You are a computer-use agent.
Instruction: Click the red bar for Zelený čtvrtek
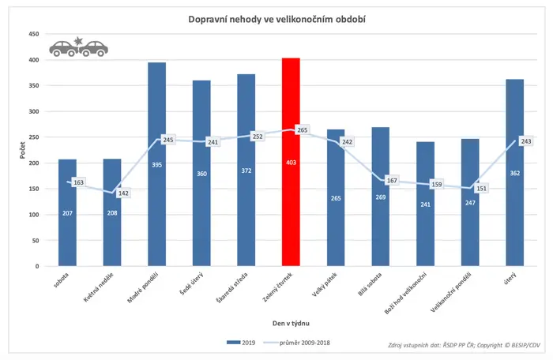(291, 162)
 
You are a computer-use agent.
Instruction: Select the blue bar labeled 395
(157, 164)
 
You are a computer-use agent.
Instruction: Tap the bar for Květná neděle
(112, 212)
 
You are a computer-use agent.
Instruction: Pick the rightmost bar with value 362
(515, 173)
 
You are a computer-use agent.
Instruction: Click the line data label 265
(303, 130)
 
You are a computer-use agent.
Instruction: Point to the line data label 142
(123, 193)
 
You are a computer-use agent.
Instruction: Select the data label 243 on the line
(526, 141)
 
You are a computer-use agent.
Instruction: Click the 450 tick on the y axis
(34, 34)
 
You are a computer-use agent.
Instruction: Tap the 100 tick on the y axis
(34, 215)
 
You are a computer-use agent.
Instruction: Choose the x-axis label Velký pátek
(325, 284)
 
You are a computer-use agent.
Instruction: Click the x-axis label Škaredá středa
(232, 287)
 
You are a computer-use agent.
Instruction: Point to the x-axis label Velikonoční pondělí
(451, 292)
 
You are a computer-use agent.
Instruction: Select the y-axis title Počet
(23, 150)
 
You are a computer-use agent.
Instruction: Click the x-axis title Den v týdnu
(291, 323)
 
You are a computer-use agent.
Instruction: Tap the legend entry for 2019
(241, 343)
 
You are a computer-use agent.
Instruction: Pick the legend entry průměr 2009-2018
(296, 343)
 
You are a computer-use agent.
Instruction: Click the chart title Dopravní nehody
(225, 19)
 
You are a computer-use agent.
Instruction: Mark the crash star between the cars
(78, 41)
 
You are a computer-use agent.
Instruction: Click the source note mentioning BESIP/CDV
(464, 345)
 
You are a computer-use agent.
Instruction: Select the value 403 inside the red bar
(291, 163)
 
